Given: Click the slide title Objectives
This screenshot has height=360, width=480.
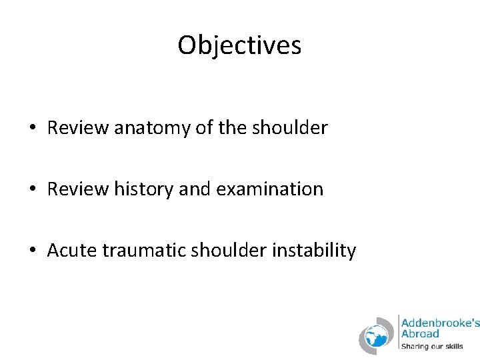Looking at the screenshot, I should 239,45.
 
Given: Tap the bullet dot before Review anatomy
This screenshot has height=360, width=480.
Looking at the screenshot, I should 32,129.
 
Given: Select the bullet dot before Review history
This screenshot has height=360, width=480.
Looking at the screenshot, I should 32,190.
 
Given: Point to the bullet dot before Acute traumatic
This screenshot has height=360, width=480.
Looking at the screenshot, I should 32,251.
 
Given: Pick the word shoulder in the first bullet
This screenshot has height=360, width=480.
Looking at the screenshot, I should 290,127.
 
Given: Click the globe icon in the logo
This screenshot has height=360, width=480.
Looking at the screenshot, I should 377,335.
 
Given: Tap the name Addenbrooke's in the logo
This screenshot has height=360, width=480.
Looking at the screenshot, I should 439,322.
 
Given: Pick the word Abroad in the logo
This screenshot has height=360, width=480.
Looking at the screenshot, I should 420,333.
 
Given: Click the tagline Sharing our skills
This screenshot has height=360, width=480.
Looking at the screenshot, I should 431,346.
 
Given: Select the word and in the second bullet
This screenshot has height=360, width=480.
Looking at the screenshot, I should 193,189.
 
